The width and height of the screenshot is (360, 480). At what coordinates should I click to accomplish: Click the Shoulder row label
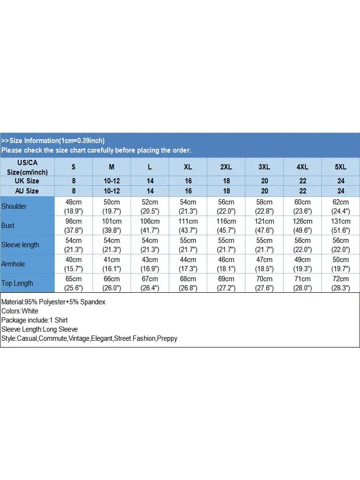click(x=14, y=206)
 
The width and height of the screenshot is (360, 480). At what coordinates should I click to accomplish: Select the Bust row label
click(x=8, y=226)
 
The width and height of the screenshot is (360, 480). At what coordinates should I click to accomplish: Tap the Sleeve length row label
click(x=20, y=245)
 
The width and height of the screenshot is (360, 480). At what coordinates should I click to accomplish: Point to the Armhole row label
click(x=13, y=264)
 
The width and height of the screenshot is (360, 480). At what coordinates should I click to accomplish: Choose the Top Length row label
click(x=17, y=283)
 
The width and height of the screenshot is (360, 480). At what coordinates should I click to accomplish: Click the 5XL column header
click(x=340, y=167)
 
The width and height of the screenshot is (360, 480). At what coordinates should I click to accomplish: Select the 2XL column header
click(x=226, y=167)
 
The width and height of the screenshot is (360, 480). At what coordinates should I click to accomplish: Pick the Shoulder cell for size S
click(x=73, y=206)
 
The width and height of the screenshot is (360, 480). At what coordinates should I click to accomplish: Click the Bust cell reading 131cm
click(x=340, y=226)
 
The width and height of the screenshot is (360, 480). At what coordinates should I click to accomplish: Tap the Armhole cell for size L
click(x=150, y=264)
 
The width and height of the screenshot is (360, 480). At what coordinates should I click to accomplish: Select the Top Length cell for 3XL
click(x=264, y=283)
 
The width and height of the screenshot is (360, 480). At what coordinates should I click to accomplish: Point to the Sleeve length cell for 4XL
click(x=302, y=245)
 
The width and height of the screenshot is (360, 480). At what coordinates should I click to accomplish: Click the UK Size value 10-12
click(x=112, y=181)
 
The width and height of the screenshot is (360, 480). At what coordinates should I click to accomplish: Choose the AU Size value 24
click(x=340, y=191)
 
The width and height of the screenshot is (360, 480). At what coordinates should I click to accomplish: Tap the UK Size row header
click(x=27, y=181)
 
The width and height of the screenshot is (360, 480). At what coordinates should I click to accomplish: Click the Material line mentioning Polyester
click(x=53, y=302)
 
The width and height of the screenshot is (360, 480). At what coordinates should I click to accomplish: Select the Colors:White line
click(x=20, y=311)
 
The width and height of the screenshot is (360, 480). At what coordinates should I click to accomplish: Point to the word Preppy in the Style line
click(x=168, y=338)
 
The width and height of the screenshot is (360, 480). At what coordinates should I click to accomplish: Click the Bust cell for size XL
click(x=188, y=226)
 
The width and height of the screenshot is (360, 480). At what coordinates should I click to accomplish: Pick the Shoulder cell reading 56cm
click(x=226, y=206)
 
